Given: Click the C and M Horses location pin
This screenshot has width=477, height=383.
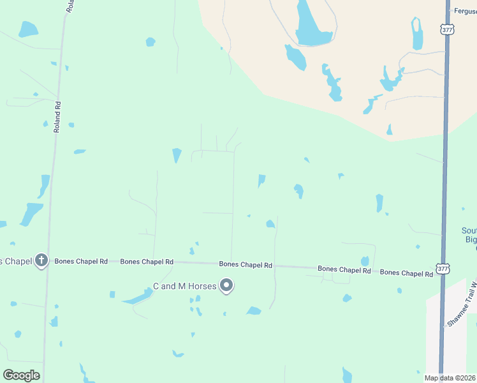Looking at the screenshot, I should click(226, 285).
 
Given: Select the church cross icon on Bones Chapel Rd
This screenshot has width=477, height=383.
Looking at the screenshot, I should click(41, 260).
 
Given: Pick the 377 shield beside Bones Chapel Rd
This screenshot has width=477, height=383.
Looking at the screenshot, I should click(443, 269).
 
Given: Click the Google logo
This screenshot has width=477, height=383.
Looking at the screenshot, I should click(21, 375).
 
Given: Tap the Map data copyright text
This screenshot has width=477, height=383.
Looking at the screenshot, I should click(450, 378).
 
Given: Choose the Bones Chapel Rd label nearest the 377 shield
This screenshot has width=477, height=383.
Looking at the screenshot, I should click(406, 273).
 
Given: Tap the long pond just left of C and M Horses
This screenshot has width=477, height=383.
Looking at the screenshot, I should click(137, 297).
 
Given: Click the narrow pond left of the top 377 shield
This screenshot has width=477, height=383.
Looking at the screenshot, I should click(417, 34).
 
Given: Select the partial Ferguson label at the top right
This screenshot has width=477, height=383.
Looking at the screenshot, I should click(464, 11).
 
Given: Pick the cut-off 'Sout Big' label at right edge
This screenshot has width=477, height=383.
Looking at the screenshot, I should click(469, 235).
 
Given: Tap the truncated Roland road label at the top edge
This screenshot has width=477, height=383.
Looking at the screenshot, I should click(70, 6).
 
